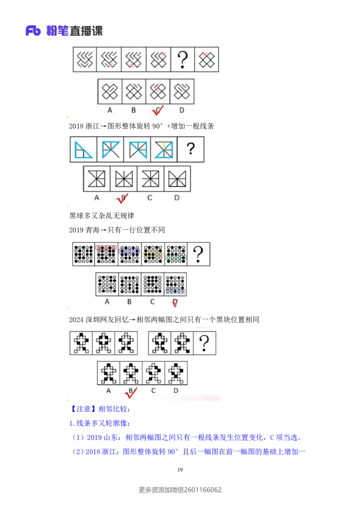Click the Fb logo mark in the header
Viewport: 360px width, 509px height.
click(x=33, y=31)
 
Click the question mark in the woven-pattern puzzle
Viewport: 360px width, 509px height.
click(x=182, y=59)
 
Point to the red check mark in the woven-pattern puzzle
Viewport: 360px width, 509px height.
click(x=158, y=111)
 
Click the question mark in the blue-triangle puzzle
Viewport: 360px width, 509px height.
click(x=190, y=149)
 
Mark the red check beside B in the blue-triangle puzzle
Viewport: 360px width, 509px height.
click(x=122, y=198)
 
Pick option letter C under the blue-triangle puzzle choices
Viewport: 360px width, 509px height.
click(x=150, y=197)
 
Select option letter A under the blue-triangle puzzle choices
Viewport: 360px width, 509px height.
click(x=96, y=197)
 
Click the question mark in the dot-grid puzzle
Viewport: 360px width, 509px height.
click(x=198, y=254)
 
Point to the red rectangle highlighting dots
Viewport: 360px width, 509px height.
click(x=106, y=247)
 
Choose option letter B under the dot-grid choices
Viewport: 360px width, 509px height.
click(x=130, y=302)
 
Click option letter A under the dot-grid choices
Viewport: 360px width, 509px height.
click(x=107, y=302)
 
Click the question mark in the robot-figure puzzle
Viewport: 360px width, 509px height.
click(x=204, y=344)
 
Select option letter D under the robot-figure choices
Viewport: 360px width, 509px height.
click(x=176, y=390)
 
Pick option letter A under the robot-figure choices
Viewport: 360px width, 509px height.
click(x=108, y=390)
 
